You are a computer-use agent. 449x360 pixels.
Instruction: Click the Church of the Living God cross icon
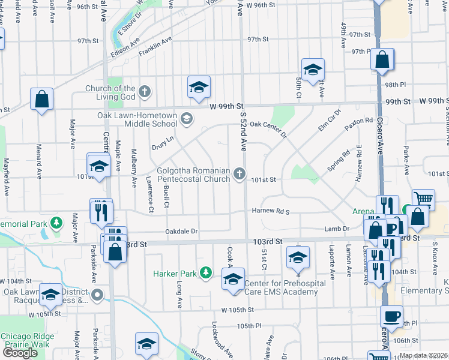point(143,92)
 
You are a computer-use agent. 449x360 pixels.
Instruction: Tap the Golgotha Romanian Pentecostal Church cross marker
point(240,174)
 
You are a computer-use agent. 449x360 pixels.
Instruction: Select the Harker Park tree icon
point(206,273)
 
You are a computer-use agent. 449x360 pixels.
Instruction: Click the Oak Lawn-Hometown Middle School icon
point(186,118)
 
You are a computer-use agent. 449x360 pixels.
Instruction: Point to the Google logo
point(19,353)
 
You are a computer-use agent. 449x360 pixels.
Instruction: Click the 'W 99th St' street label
point(226,106)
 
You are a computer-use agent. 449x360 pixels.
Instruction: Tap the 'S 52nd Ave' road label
point(244,133)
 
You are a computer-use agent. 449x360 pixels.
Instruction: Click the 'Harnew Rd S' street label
point(270,212)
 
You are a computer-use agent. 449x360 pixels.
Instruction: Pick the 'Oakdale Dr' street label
point(182,232)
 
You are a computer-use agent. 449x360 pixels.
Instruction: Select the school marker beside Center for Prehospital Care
point(233,278)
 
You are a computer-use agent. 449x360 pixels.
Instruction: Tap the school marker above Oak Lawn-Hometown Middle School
point(199,87)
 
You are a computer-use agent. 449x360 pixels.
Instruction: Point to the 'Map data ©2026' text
point(423,355)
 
